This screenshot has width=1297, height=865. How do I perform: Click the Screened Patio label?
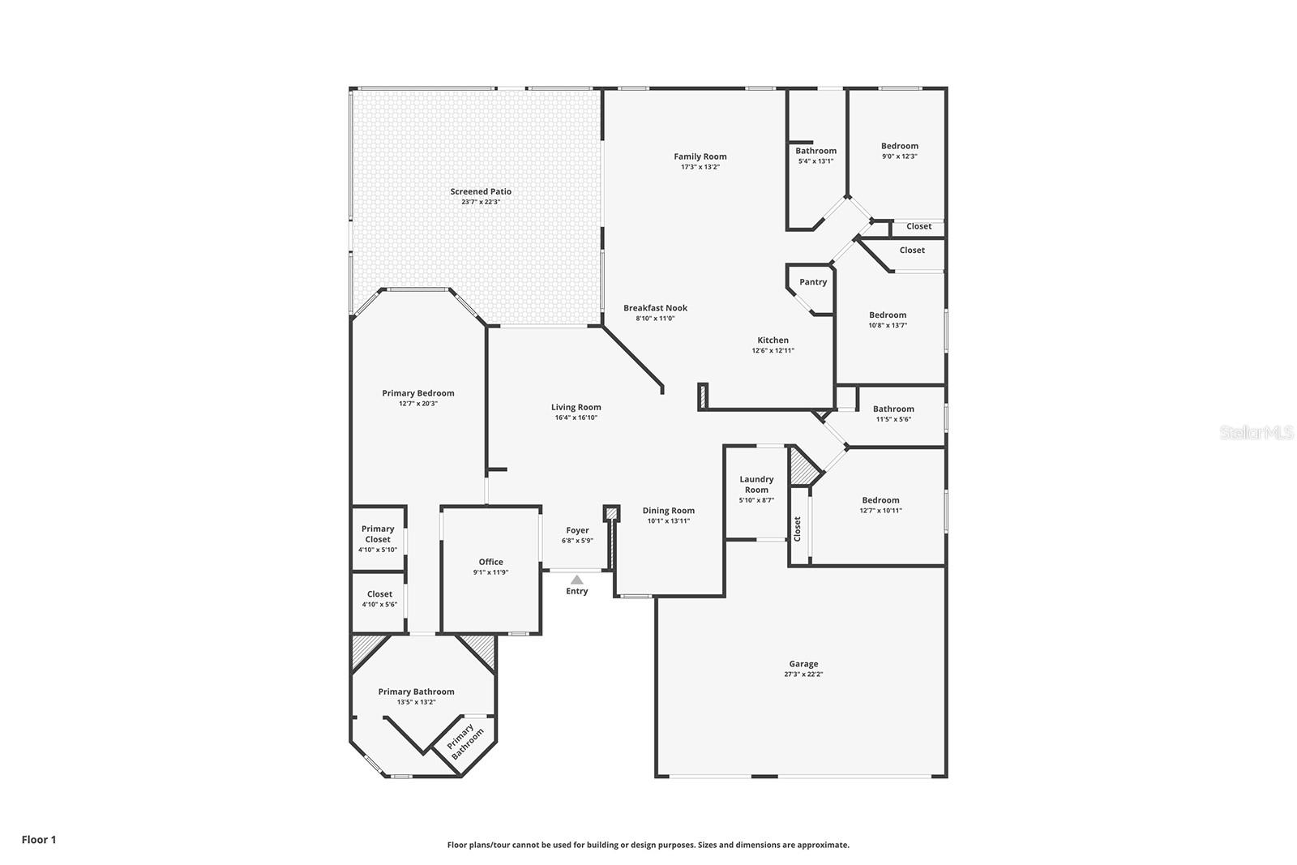pyautogui.click(x=481, y=191)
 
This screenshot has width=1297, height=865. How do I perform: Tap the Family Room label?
pyautogui.click(x=700, y=156)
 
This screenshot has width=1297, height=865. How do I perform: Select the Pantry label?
pyautogui.click(x=813, y=282)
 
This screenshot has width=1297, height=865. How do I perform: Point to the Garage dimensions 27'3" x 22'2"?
pyautogui.click(x=803, y=674)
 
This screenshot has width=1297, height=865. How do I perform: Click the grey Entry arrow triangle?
pyautogui.click(x=576, y=580)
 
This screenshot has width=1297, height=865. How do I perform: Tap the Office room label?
pyautogui.click(x=490, y=562)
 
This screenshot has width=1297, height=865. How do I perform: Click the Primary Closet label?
pyautogui.click(x=378, y=533)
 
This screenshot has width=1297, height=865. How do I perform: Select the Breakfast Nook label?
pyautogui.click(x=655, y=308)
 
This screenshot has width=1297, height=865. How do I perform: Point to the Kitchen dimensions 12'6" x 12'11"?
pyautogui.click(x=773, y=351)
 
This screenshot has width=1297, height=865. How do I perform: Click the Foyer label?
pyautogui.click(x=577, y=530)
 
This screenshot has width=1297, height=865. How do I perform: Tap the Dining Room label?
pyautogui.click(x=668, y=511)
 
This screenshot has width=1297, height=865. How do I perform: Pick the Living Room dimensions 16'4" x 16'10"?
pyautogui.click(x=576, y=418)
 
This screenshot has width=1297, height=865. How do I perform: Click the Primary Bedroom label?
pyautogui.click(x=418, y=393)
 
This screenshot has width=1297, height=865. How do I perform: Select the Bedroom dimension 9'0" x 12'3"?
pyautogui.click(x=900, y=156)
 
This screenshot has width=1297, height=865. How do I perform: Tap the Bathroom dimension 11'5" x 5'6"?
pyautogui.click(x=893, y=419)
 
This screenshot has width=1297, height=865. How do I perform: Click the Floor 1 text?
pyautogui.click(x=39, y=840)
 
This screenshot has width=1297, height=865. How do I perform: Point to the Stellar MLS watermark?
pyautogui.click(x=1256, y=433)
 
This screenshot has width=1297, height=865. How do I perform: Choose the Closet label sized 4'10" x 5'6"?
pyautogui.click(x=379, y=594)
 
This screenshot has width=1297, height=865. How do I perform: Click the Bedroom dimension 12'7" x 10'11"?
pyautogui.click(x=880, y=511)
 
